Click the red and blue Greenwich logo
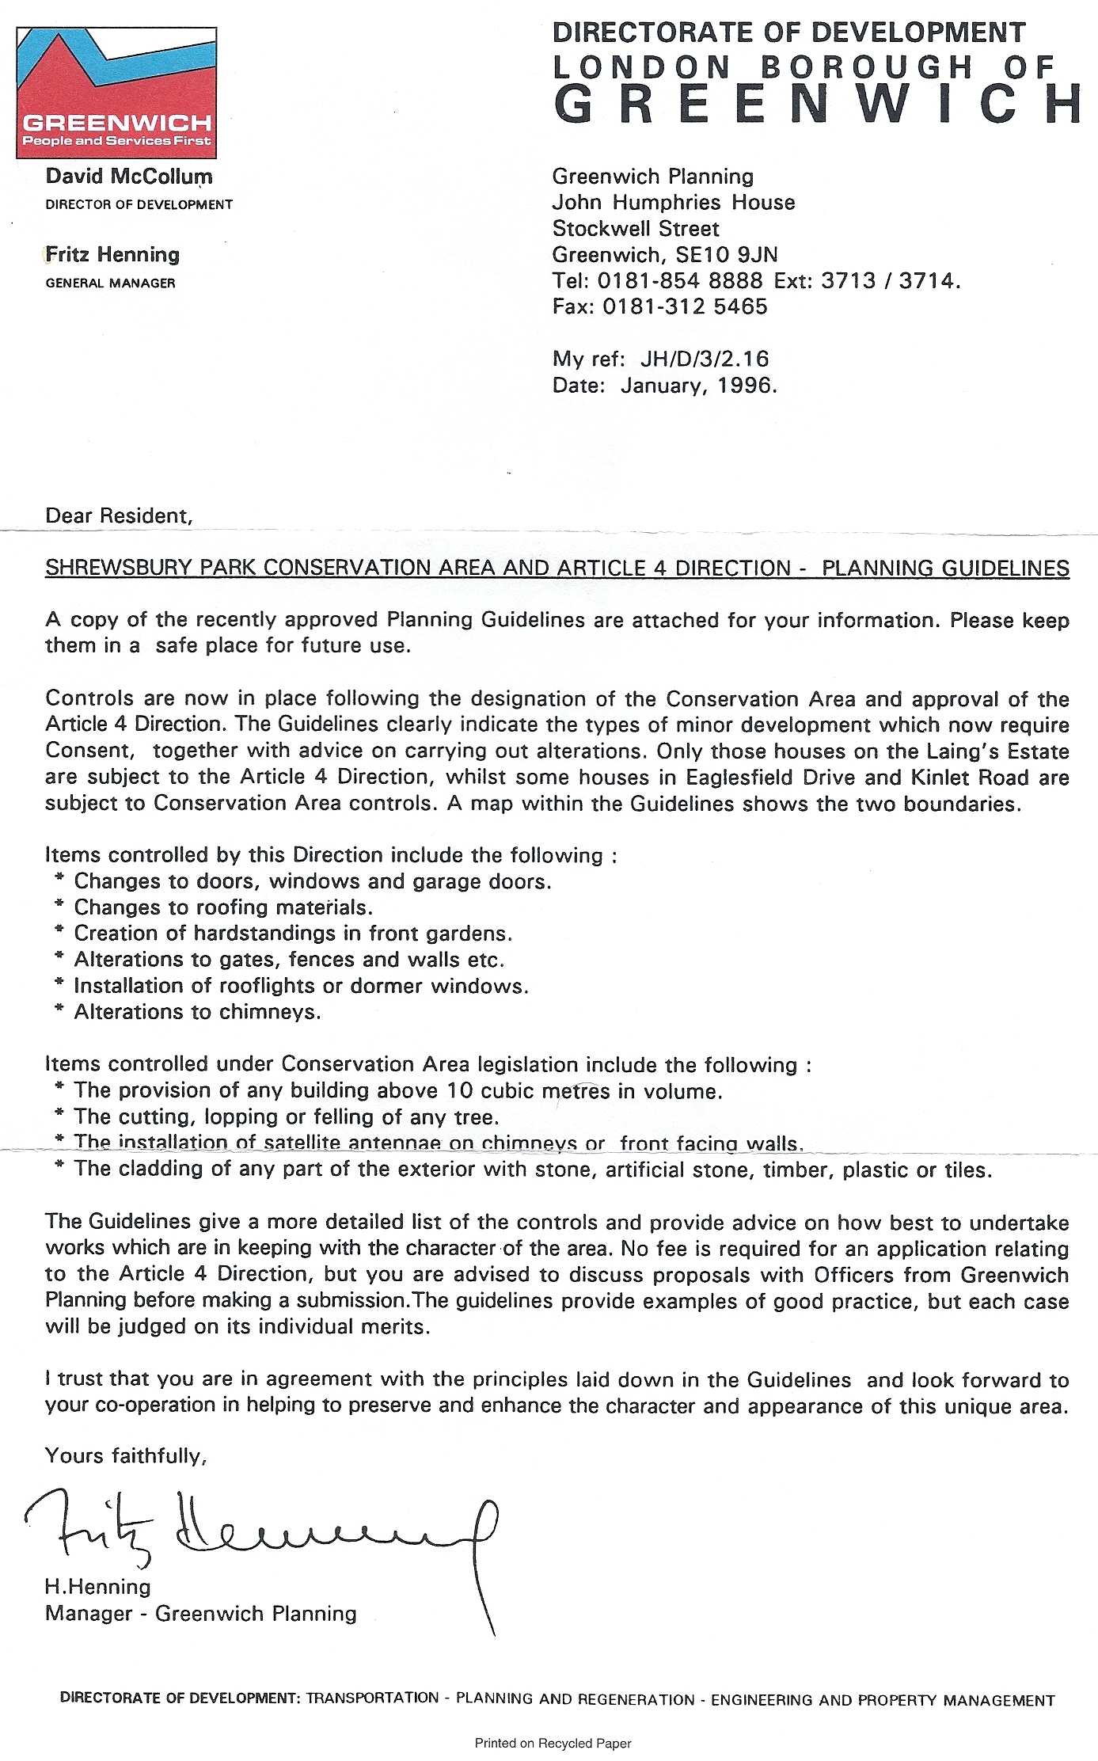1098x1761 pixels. (x=116, y=93)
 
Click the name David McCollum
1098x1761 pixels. (x=129, y=176)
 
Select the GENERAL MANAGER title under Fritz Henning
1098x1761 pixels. (x=110, y=283)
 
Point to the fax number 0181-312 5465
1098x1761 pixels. (x=685, y=306)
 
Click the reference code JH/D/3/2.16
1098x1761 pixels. (x=705, y=359)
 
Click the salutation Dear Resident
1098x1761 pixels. (x=119, y=515)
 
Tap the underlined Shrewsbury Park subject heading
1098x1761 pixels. (x=557, y=568)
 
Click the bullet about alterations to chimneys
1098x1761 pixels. (x=197, y=1012)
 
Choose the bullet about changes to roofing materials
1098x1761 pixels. (x=223, y=907)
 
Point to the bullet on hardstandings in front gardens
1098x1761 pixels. (x=293, y=933)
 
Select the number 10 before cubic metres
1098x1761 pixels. (x=459, y=1090)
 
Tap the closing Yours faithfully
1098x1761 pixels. (x=126, y=1455)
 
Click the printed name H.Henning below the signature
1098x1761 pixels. (x=97, y=1586)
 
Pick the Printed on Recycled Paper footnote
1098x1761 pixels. (x=553, y=1743)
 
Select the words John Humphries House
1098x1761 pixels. (x=673, y=202)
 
